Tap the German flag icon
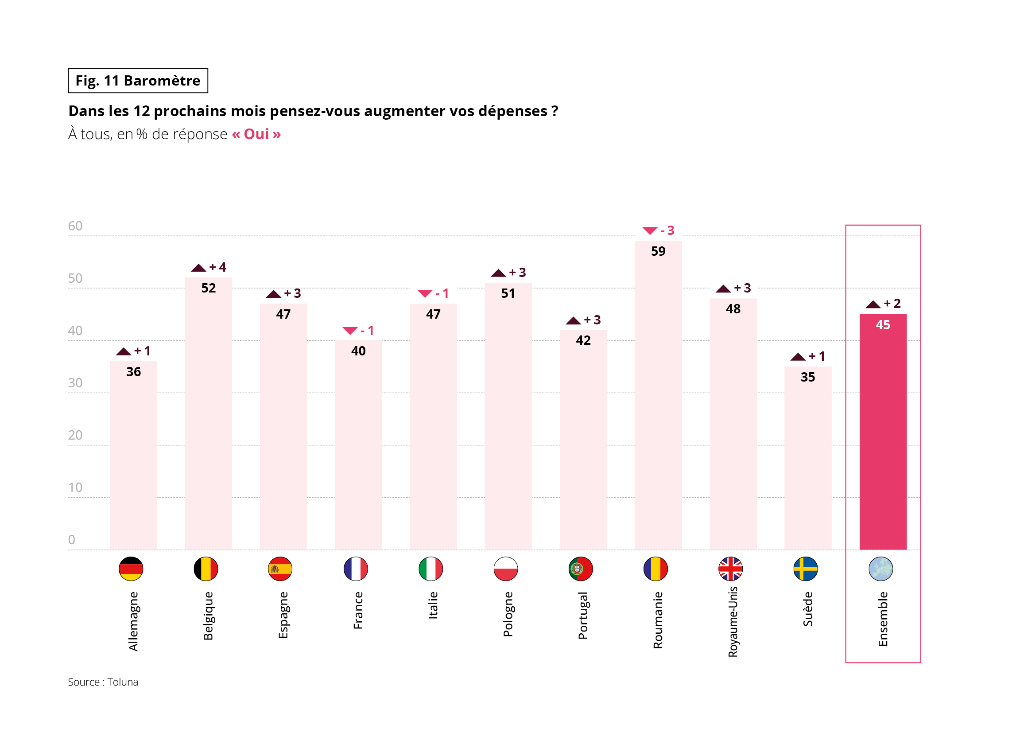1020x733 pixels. [x=131, y=569]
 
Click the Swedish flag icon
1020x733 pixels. [x=806, y=569]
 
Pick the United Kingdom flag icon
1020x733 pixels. [x=730, y=569]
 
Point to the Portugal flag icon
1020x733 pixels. [x=581, y=569]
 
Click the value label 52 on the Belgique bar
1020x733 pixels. [x=208, y=288]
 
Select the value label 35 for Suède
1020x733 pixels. [x=808, y=377]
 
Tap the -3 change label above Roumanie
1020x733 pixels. [x=667, y=230]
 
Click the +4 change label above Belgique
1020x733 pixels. [x=217, y=267]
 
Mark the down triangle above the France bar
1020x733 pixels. [x=350, y=331]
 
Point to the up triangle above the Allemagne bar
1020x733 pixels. [x=123, y=351]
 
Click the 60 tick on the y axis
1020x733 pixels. [x=75, y=226]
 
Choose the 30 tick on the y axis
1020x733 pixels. [x=75, y=383]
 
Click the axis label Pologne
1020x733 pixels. [x=508, y=614]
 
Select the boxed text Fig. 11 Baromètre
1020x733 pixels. [x=138, y=81]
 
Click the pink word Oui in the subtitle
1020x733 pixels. [x=256, y=134]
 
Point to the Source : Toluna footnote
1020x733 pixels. [x=103, y=682]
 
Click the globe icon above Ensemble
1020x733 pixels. [x=880, y=569]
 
